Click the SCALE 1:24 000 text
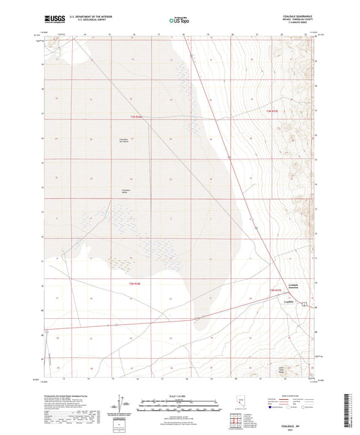coord(179,395)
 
